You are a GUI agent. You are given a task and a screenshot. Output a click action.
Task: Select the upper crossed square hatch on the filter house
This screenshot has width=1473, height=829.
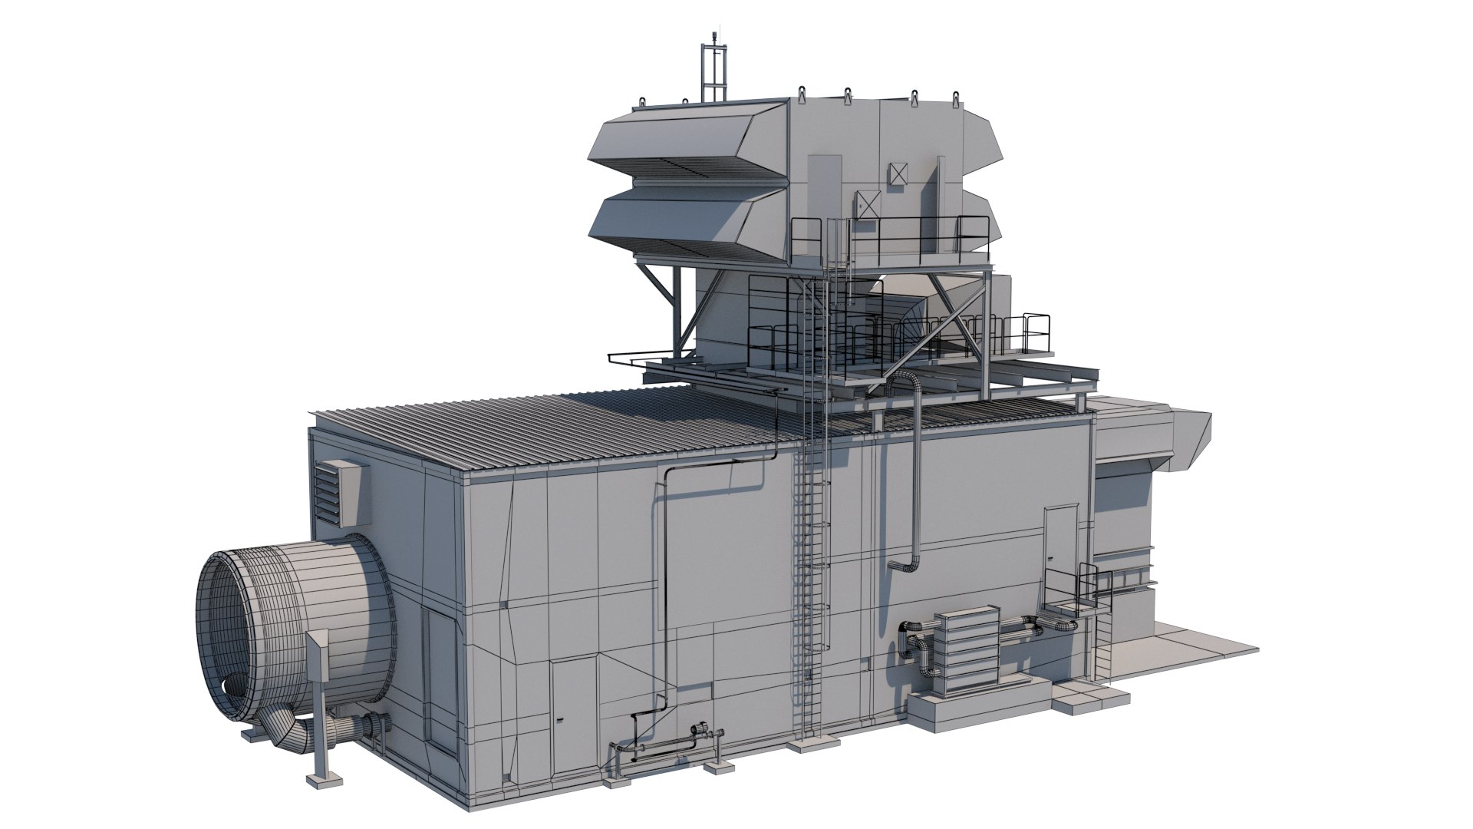pos(897,174)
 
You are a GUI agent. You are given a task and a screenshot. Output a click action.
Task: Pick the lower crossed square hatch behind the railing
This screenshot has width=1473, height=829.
pos(868,205)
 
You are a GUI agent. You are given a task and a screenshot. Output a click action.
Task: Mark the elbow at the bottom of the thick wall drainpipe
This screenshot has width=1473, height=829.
pos(905,566)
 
